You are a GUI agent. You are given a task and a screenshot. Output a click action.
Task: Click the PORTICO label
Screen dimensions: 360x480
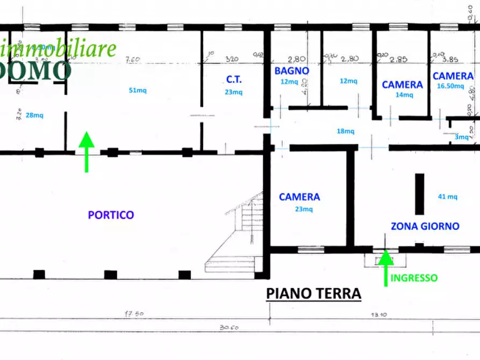point(111,215)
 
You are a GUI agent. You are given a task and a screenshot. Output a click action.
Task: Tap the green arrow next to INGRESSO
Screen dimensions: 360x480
point(385,267)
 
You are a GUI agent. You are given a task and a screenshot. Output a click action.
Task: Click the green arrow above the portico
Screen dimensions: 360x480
point(87,152)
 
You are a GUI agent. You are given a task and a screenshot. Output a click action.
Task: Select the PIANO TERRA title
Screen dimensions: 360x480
point(314,294)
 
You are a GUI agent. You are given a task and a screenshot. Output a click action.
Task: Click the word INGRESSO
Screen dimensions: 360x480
point(414,278)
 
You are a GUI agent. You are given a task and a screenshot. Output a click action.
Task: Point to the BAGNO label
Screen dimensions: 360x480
point(291,70)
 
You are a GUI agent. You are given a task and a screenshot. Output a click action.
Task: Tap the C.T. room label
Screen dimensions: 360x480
point(234,80)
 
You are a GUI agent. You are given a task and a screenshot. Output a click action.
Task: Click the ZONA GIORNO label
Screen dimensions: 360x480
point(425,226)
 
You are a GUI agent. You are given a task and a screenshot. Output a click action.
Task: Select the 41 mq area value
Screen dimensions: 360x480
point(448,197)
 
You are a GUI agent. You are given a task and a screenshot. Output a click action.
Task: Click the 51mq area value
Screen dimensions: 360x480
point(138,90)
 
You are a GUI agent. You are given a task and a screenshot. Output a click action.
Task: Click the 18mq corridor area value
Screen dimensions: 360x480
point(346,131)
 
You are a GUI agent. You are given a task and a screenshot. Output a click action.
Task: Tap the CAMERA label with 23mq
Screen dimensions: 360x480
point(299,197)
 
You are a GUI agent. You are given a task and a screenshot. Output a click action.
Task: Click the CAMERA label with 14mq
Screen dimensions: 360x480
point(402,84)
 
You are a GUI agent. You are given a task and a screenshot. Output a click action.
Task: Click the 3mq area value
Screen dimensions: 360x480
point(461,137)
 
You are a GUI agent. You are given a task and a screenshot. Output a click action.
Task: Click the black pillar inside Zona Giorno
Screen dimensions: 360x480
point(419,194)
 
